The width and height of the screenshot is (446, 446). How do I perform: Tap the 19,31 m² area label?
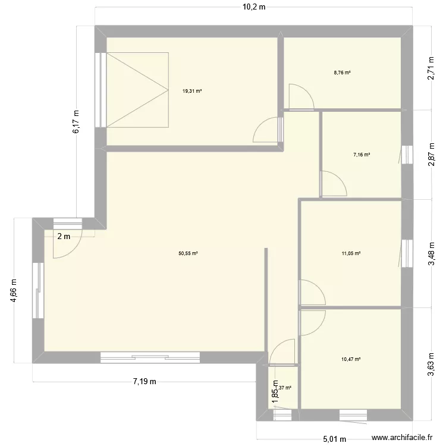coord(192,91)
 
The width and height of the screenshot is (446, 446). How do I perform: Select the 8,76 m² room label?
coord(343,73)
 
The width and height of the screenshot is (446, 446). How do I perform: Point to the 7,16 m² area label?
coord(362,155)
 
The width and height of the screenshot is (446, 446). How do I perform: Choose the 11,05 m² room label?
coord(351,253)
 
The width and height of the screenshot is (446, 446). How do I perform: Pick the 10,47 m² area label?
coord(351,359)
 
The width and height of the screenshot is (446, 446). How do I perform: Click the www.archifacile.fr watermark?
coord(403,438)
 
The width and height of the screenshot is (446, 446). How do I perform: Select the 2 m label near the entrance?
coord(64,236)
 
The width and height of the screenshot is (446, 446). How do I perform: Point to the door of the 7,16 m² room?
coord(333,184)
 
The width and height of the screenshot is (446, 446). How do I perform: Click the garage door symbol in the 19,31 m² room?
coord(137,89)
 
